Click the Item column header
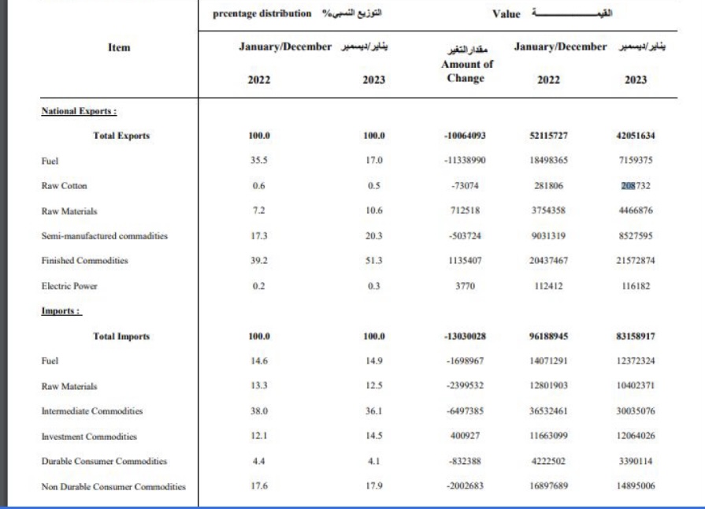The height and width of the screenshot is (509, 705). pos(111,48)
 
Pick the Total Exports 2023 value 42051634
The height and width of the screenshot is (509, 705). pos(635,135)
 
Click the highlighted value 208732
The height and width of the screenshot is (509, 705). pos(635,187)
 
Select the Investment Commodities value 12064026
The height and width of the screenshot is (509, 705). pos(635,437)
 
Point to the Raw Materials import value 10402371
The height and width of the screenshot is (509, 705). pos(635,386)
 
